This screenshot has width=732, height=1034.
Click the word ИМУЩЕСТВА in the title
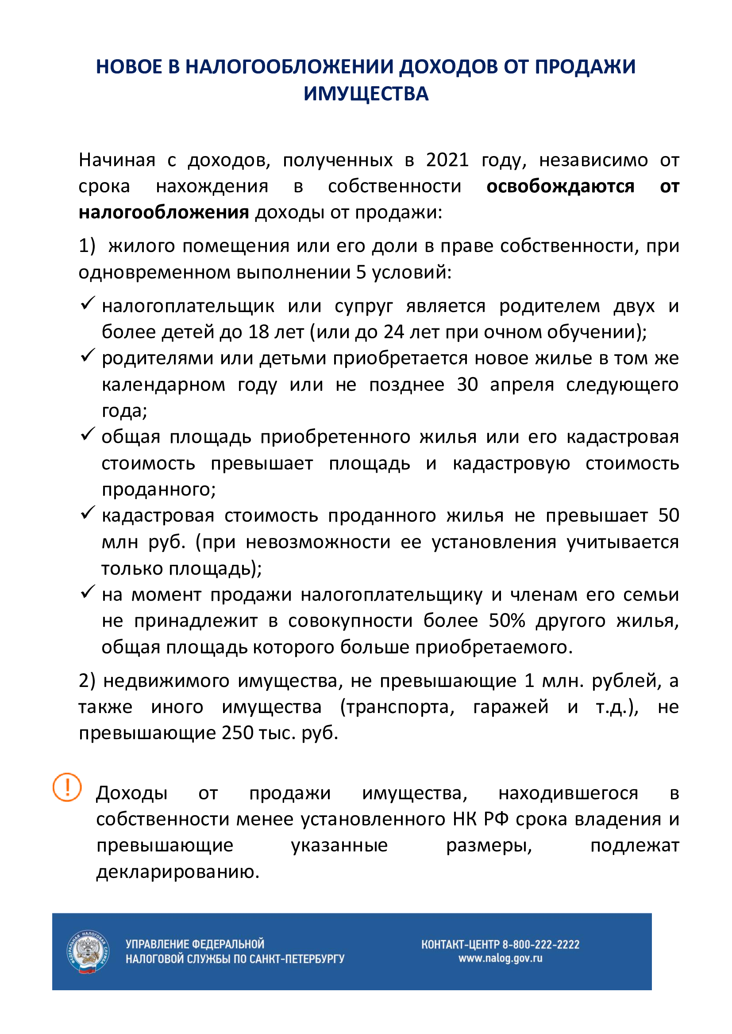[366, 94]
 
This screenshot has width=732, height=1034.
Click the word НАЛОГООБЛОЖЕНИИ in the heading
[289, 67]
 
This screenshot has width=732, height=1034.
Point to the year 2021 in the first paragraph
[447, 160]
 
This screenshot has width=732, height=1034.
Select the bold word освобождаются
[560, 186]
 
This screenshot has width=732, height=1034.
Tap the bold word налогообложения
[164, 212]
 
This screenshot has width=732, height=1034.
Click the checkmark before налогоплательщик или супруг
[87, 303]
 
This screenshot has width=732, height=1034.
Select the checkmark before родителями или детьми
[87, 355]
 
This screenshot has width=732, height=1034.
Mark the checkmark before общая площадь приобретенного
[87, 434]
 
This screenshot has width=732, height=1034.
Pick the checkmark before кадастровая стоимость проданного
[87, 512]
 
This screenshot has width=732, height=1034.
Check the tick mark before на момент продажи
[87, 592]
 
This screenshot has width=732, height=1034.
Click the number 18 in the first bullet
[259, 332]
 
